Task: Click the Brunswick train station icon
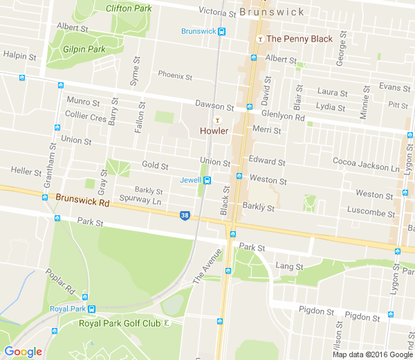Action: coord(221,31)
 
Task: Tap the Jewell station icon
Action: coord(207,181)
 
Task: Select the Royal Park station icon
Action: coord(92,309)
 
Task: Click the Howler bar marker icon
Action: coord(216,120)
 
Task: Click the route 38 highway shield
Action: coord(184,215)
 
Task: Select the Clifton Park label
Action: coord(128,8)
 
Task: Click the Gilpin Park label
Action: coord(84,49)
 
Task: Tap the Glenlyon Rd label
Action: coord(283,117)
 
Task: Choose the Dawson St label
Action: coord(214,106)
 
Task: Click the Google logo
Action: coord(23,351)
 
